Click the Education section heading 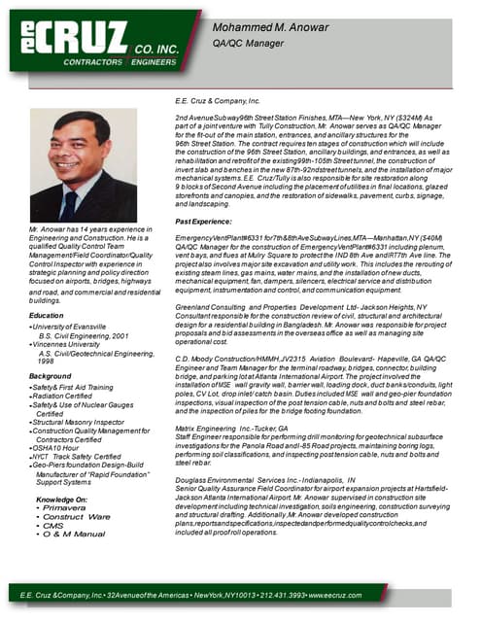coord(48,316)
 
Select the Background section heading coord(51,375)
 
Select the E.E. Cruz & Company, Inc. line coord(218,100)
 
